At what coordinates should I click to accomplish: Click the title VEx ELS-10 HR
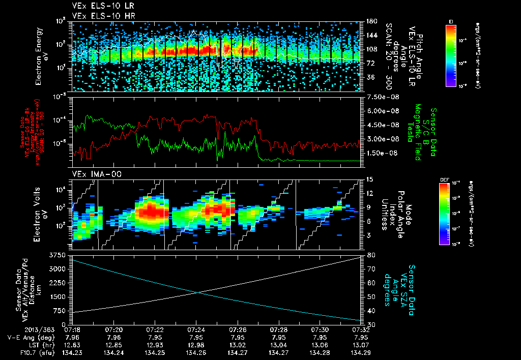coord(99,16)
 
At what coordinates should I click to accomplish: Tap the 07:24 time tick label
coord(196,329)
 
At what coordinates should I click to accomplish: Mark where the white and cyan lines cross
coord(198,292)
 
